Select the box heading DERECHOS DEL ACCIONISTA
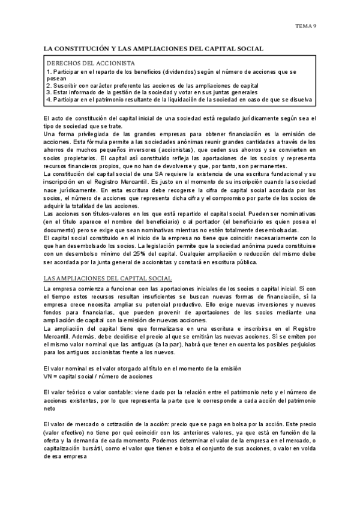(x=91, y=63)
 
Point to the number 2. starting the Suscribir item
(x=49, y=85)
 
